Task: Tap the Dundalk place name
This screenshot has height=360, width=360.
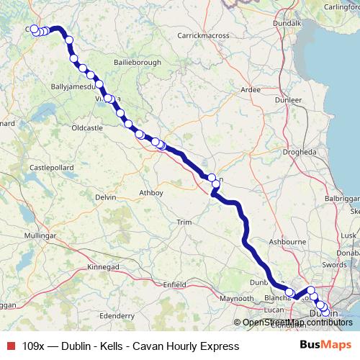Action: pyautogui.click(x=287, y=23)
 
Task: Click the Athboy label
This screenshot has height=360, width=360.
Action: pyautogui.click(x=151, y=193)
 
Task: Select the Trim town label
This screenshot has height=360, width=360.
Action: pyautogui.click(x=185, y=223)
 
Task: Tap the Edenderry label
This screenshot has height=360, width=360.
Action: pyautogui.click(x=117, y=315)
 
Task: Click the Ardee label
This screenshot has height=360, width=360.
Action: pyautogui.click(x=251, y=90)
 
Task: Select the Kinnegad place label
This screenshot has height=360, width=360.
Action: pyautogui.click(x=103, y=266)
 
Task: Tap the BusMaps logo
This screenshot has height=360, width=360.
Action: pyautogui.click(x=325, y=346)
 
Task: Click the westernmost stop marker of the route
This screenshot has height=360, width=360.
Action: pyautogui.click(x=34, y=29)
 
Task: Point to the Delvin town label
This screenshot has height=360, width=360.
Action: pyautogui.click(x=105, y=197)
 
